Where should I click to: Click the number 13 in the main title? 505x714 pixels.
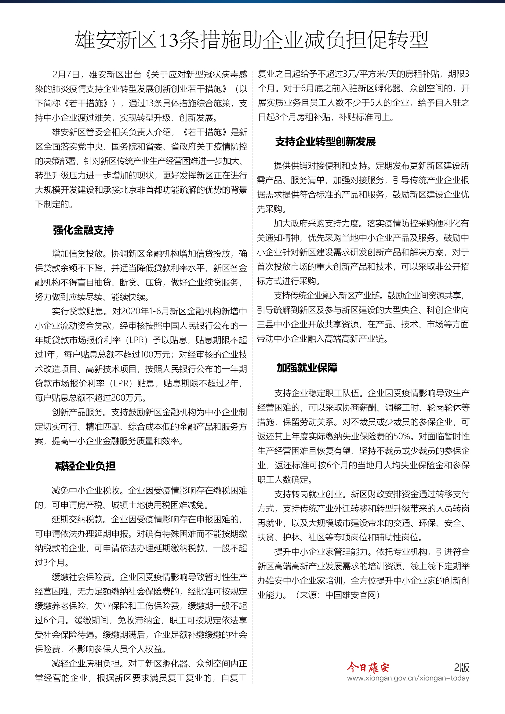[169, 40]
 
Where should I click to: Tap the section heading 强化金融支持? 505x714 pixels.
[83, 230]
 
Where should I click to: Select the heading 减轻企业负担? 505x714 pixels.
[85, 466]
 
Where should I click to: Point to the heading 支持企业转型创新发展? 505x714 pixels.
[325, 142]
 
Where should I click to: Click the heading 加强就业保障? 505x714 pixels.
[307, 368]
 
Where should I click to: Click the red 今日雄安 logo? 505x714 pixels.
[368, 667]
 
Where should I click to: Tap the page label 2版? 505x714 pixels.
[461, 667]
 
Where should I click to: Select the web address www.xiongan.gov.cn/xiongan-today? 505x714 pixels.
[408, 678]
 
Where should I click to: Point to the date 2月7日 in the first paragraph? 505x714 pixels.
[66, 74]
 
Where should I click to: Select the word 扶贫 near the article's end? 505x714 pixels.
[266, 537]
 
